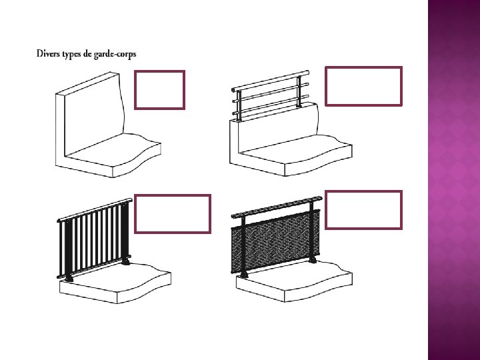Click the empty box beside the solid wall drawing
[x=160, y=90]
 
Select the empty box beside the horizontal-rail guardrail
[x=363, y=86]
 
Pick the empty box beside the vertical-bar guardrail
[x=173, y=214]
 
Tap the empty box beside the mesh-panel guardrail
[x=363, y=210]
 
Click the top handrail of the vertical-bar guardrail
[x=93, y=209]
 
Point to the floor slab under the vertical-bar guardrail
[x=113, y=283]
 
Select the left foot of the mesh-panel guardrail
[x=245, y=275]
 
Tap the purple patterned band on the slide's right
[x=453, y=180]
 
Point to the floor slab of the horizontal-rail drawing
[x=293, y=160]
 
